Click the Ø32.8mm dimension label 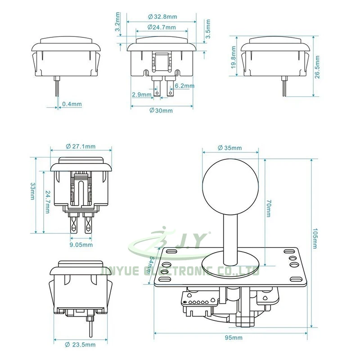[162, 17]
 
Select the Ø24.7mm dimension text [162, 27]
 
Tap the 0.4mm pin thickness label [72, 104]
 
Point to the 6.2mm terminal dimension [184, 86]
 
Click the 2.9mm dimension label [142, 94]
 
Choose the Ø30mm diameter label [161, 111]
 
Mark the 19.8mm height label [233, 57]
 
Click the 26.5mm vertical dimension [317, 67]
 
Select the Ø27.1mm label [81, 147]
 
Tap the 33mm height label [33, 191]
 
